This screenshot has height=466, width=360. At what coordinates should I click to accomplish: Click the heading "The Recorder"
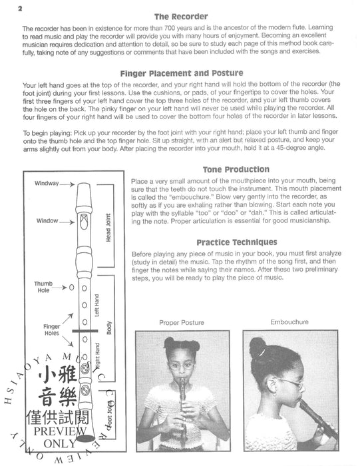tap(180, 16)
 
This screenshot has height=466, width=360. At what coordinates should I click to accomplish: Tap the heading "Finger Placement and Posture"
tap(180, 73)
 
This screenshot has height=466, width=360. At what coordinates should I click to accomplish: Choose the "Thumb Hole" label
tap(43, 287)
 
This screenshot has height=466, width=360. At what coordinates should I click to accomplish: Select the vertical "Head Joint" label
tap(108, 229)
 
